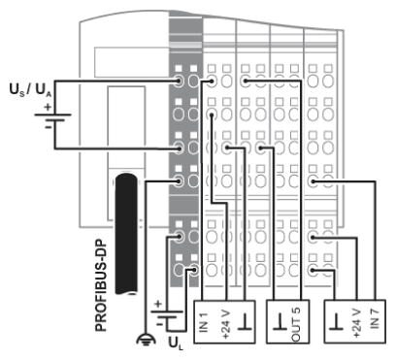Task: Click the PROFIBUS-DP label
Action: click(x=101, y=285)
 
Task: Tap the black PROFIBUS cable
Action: click(x=126, y=234)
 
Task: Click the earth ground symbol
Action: click(x=146, y=340)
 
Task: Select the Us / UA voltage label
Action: click(x=31, y=89)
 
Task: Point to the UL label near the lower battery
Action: click(x=176, y=344)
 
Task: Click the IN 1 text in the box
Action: click(x=203, y=322)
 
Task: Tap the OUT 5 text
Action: click(x=296, y=324)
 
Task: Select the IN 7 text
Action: click(x=374, y=317)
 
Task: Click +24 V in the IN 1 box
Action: click(x=226, y=324)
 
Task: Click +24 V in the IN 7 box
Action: click(x=356, y=323)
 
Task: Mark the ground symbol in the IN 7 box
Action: click(x=336, y=322)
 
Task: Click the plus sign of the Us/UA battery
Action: click(x=48, y=107)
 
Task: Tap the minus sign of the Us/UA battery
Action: click(x=49, y=127)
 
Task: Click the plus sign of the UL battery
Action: click(x=158, y=304)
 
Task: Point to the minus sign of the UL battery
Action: click(x=159, y=323)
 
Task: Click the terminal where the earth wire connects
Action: click(x=178, y=181)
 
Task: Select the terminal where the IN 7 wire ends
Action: click(x=313, y=181)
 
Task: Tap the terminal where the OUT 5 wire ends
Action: click(x=246, y=81)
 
